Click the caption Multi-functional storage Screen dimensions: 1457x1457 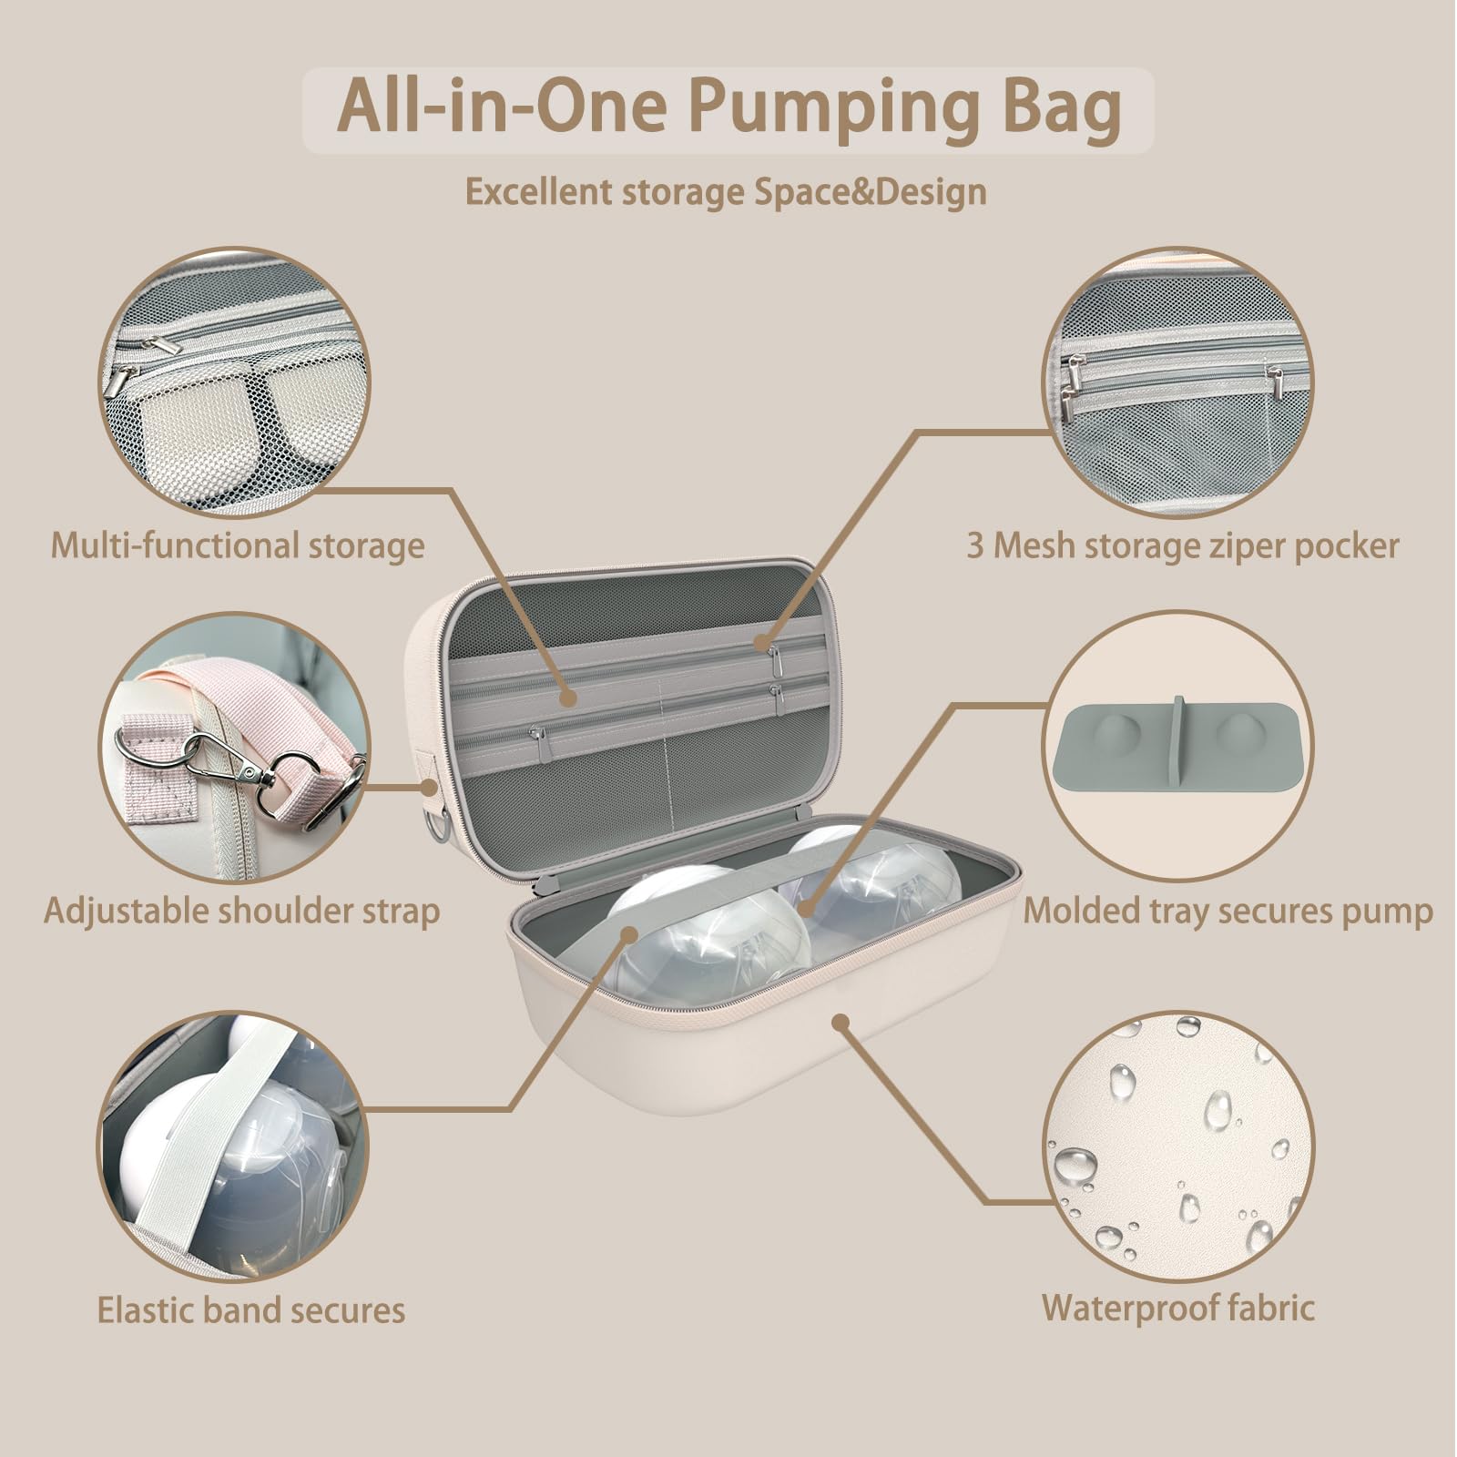(x=237, y=546)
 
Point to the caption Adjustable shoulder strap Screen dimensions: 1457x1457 (x=241, y=910)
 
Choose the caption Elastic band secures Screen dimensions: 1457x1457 (x=250, y=1310)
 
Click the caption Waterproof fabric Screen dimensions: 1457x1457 (x=1177, y=1308)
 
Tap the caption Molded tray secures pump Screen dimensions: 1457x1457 (x=1228, y=910)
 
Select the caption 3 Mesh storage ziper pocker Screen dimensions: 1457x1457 (x=1182, y=546)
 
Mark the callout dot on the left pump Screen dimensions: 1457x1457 (x=630, y=932)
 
